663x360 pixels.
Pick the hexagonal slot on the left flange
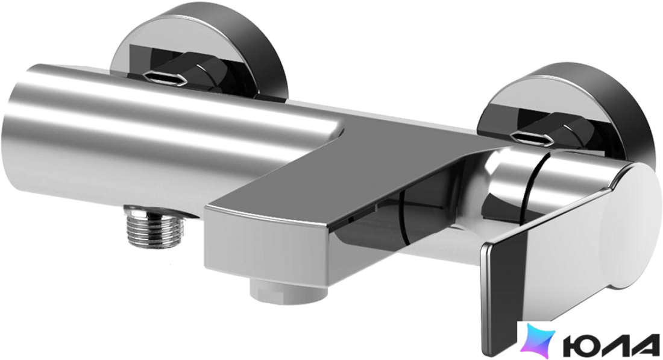tap(165, 78)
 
